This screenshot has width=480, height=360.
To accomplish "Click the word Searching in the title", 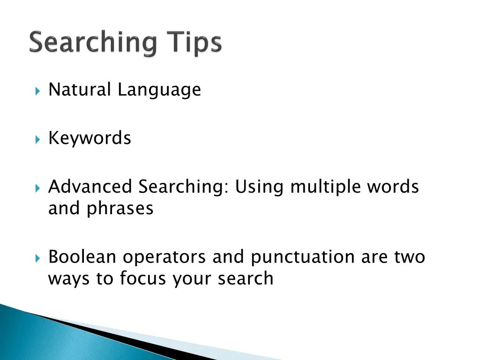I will (93, 44).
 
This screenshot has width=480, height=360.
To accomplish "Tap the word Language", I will (159, 90).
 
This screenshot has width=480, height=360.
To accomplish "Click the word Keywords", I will (90, 138).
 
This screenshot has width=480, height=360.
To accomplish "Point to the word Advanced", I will (90, 187).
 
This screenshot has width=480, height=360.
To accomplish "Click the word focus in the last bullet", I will (143, 278).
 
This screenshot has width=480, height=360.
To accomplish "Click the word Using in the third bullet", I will (259, 187).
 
